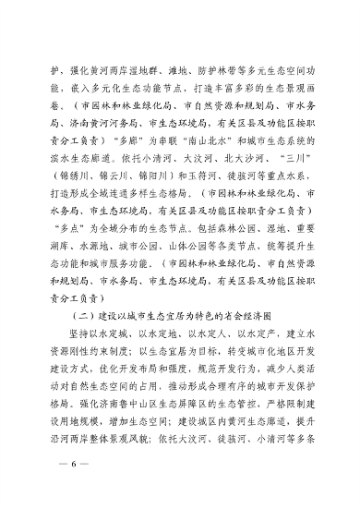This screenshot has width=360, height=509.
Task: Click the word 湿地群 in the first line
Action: coord(143,70)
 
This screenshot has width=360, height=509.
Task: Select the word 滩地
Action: coord(177,70)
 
